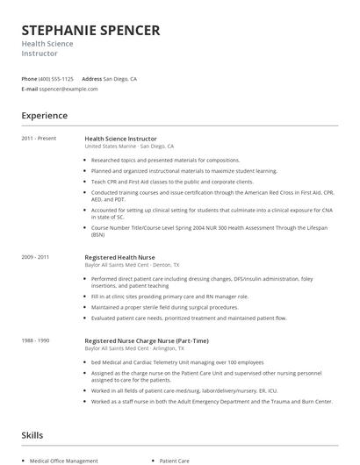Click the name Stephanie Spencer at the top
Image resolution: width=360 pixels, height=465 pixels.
[x=90, y=31]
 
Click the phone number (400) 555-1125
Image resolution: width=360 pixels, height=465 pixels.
[x=56, y=78]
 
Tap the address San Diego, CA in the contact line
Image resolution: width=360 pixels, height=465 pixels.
[x=120, y=78]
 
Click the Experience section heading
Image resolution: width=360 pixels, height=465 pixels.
[x=44, y=116]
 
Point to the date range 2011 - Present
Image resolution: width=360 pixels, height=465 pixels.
[x=39, y=139]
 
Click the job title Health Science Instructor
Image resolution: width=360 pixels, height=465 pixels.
[x=120, y=139]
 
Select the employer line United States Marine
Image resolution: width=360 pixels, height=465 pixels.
[x=129, y=147]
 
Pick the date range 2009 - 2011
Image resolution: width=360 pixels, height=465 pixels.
[x=35, y=257]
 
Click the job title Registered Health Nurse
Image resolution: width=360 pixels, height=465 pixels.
[x=119, y=257]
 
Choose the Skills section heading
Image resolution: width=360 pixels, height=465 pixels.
[x=32, y=435]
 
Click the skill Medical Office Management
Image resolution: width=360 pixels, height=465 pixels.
[x=64, y=460]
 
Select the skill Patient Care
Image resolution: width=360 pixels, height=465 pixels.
[x=175, y=460]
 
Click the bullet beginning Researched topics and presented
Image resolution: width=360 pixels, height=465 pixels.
[x=153, y=161]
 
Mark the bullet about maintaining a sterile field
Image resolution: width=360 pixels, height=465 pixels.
[x=164, y=308]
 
